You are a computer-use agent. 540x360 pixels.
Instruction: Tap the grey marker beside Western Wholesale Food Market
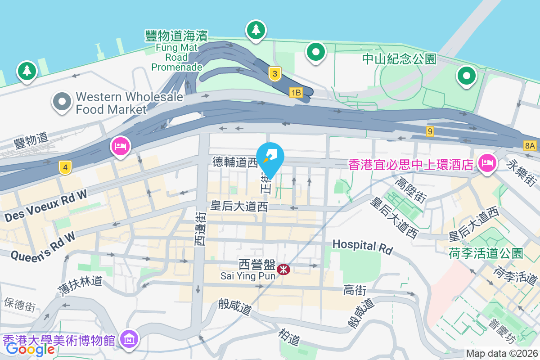click(x=62, y=101)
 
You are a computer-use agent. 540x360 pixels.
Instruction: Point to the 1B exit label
click(x=295, y=93)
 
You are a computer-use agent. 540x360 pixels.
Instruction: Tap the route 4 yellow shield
click(x=66, y=168)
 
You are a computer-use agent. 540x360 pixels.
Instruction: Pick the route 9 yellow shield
click(x=431, y=131)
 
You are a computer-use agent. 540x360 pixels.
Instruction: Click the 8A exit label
click(x=530, y=145)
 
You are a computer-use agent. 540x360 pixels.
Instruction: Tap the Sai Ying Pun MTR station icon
click(x=283, y=270)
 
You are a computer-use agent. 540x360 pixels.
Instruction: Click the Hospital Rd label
click(x=362, y=246)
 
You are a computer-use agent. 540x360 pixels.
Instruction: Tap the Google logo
click(x=30, y=349)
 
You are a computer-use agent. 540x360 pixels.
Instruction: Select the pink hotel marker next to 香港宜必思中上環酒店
click(x=486, y=162)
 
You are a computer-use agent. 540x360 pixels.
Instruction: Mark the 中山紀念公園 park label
click(x=400, y=59)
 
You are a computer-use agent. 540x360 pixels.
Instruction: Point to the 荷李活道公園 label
click(x=486, y=253)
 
